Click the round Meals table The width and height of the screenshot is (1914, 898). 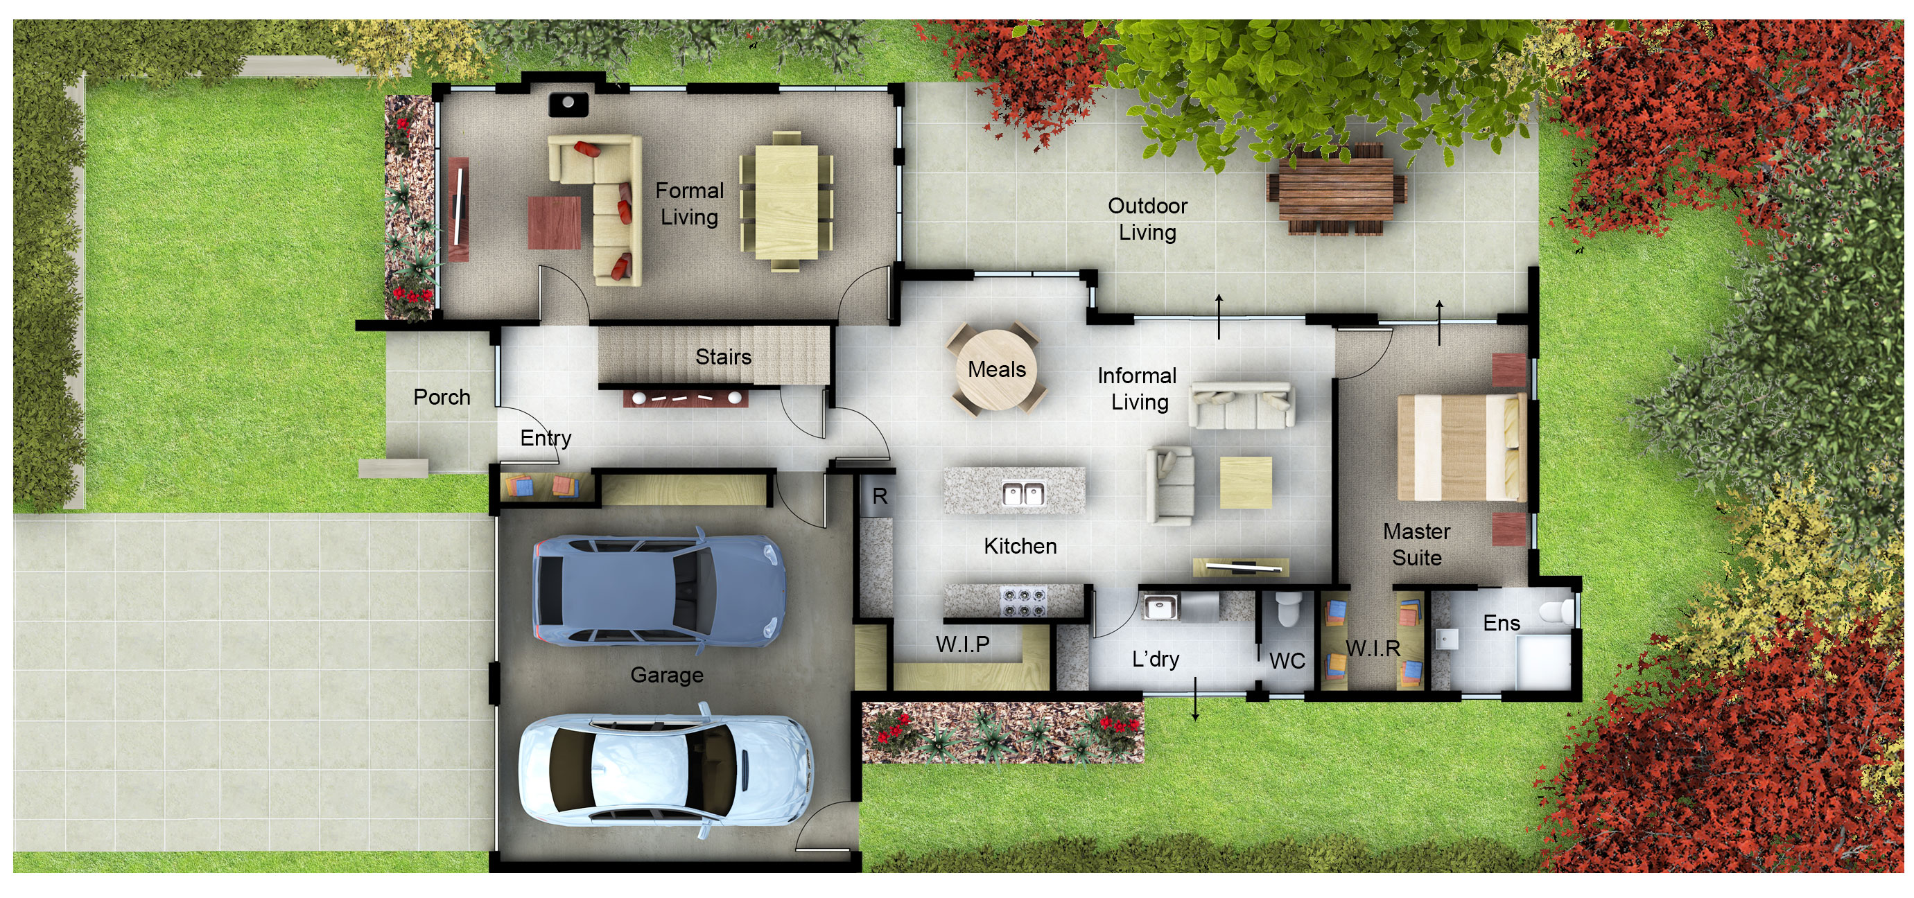coord(996,369)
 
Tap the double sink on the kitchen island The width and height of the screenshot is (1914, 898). coord(1023,493)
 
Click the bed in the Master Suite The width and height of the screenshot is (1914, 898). coord(1461,447)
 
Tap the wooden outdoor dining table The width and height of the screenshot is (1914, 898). coord(1336,188)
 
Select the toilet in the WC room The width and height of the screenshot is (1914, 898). coord(1287,608)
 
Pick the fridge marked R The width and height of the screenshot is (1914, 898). coord(879,495)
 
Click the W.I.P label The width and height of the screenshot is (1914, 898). coord(962,644)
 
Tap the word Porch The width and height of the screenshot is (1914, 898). coord(442,397)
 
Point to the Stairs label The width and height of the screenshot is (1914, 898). coord(723,357)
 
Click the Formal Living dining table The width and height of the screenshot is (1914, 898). coord(787,202)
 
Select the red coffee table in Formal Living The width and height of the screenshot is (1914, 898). coord(555,222)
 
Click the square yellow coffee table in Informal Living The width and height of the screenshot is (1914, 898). coord(1246,483)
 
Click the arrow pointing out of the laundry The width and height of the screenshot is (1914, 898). coord(1196,698)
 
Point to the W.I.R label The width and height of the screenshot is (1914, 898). coord(1373,649)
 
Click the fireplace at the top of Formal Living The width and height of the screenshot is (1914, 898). coord(568,104)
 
